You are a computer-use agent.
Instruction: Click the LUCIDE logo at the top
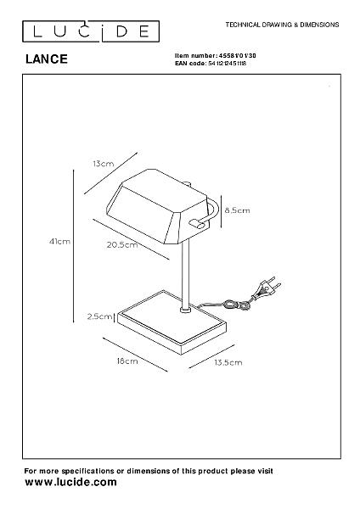coord(91,31)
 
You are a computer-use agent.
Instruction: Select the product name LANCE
coord(47,59)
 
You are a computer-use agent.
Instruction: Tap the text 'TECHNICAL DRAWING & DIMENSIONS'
coord(282,25)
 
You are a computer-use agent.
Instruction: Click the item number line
coord(216,55)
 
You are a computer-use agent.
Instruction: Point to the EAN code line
coord(211,64)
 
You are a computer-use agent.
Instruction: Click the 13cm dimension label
coord(104,164)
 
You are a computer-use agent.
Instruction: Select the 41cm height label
coord(59,242)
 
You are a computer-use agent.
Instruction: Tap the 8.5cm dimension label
coord(238,210)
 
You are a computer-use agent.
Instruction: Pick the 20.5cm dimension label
coord(122,245)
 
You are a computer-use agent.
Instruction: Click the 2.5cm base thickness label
coord(99,316)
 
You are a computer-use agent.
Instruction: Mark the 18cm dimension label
coord(127,361)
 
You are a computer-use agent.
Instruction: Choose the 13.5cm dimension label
coord(228,362)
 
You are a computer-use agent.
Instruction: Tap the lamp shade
coord(158,205)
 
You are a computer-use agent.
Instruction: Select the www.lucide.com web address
coord(70,482)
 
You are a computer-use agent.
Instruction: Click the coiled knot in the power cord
coord(236,305)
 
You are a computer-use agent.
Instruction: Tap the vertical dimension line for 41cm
coord(74,246)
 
